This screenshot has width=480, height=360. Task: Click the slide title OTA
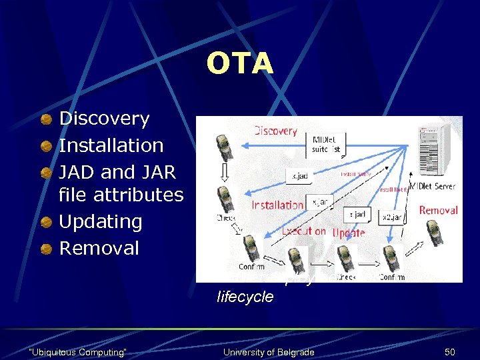pos(239,64)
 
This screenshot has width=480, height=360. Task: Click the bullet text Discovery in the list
pos(105,119)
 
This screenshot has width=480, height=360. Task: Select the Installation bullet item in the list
pos(111,145)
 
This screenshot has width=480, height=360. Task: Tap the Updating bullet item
pos(101,221)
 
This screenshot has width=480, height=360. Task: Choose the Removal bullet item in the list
pos(99,248)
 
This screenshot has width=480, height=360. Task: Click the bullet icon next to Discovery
pos(46,119)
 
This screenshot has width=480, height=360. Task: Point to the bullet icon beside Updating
pos(46,222)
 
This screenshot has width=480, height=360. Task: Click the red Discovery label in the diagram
pos(275,131)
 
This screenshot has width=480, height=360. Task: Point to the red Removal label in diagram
pos(438,210)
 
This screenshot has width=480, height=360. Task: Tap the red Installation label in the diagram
pos(277,205)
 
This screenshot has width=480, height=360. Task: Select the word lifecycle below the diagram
pos(245,297)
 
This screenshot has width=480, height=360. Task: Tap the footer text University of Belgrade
pos(268,351)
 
